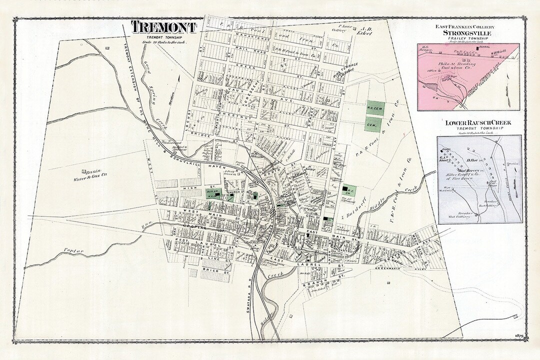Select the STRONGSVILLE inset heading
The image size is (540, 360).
click(468, 33)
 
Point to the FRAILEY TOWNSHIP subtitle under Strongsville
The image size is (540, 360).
click(468, 38)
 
